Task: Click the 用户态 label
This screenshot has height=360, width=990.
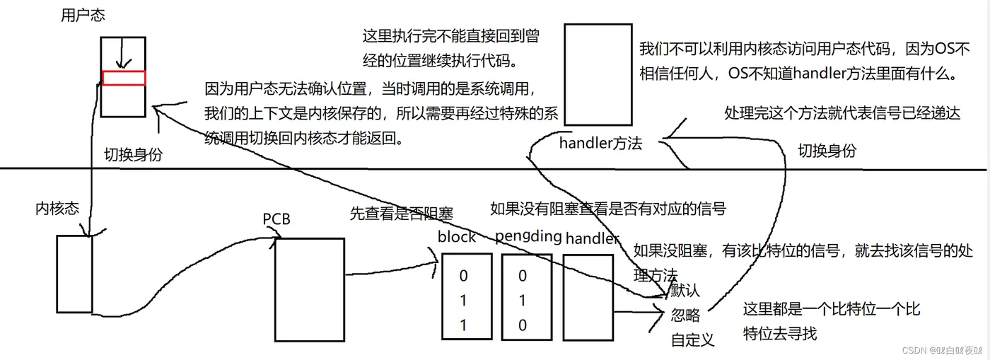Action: click(x=83, y=16)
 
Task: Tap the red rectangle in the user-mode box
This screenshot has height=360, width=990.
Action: click(x=124, y=78)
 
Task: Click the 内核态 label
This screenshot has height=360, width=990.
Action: click(x=57, y=209)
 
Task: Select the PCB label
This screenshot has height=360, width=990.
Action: click(x=276, y=219)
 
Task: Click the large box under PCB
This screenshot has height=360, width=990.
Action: click(x=310, y=290)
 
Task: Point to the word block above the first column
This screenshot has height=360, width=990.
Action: click(x=457, y=237)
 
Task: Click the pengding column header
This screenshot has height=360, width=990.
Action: click(x=528, y=237)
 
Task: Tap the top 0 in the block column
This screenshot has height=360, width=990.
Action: click(x=463, y=276)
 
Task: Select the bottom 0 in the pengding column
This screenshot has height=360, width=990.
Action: click(x=523, y=325)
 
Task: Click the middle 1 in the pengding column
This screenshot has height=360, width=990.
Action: click(x=523, y=301)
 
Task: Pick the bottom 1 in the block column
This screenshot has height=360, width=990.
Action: click(x=463, y=325)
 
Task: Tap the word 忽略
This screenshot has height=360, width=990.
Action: click(x=685, y=315)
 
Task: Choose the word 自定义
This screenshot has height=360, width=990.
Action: click(x=692, y=339)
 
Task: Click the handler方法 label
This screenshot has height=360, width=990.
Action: click(x=600, y=144)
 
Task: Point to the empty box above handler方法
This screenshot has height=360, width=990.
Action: click(x=598, y=75)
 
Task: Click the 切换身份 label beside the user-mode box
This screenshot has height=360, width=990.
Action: click(x=134, y=155)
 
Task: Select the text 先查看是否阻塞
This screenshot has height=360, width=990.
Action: click(x=402, y=214)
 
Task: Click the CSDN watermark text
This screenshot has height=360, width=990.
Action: click(x=942, y=350)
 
